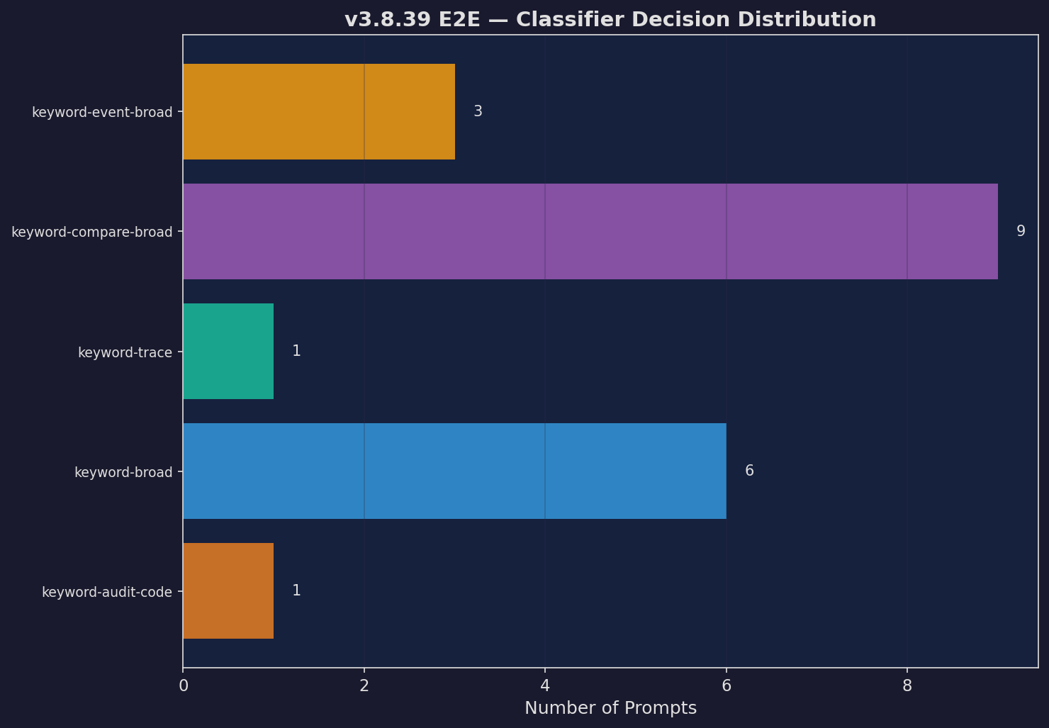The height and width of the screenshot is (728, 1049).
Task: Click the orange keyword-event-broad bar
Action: coord(319,112)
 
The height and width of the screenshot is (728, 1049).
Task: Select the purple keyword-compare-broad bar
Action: coord(590,232)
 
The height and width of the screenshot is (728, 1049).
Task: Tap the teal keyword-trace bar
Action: coord(228,352)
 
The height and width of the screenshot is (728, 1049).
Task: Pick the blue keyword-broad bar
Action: coord(454,471)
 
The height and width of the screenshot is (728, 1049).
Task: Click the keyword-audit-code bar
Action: coord(228,591)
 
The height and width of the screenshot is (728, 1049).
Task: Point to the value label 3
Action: coord(478,112)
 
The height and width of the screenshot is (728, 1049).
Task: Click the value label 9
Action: coord(1021,232)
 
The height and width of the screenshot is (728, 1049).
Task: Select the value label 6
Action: coord(749,471)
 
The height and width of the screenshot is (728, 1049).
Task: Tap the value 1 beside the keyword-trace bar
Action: coord(296,352)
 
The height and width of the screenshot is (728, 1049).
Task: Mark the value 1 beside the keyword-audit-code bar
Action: coord(296,591)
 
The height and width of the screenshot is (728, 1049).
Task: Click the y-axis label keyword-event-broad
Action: coord(102,113)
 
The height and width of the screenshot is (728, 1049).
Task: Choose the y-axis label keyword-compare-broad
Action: coord(92,233)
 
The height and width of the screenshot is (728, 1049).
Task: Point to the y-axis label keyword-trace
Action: coord(125,352)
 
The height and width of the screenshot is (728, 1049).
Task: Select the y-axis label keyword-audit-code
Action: coord(107,592)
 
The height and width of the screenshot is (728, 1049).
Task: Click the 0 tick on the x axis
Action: coord(184,685)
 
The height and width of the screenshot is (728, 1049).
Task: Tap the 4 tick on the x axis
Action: coord(545,685)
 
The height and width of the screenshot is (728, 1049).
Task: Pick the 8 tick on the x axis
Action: coord(907,685)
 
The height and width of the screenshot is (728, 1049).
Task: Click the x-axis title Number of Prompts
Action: coord(610,708)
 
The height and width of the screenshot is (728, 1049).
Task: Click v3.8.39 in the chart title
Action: coord(387,20)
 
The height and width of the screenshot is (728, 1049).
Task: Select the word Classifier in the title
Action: coord(564,20)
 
